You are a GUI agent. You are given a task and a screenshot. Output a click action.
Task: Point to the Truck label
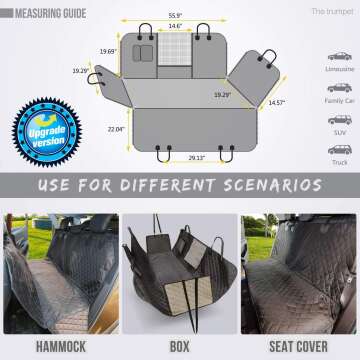(x=338, y=162)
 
